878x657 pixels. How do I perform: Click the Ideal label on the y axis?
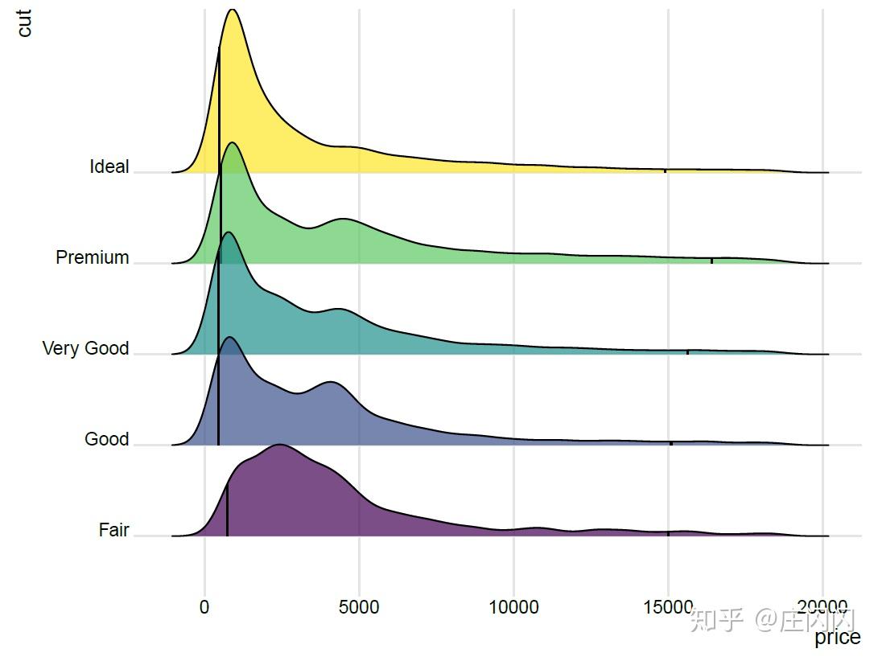point(109,166)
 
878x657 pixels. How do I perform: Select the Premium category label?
point(93,257)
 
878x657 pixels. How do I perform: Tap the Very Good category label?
point(85,348)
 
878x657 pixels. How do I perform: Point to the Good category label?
point(106,439)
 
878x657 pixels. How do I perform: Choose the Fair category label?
point(113,530)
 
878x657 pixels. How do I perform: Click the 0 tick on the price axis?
point(204,607)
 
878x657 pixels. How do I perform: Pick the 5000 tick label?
point(359,607)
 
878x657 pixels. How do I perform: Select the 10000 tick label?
point(513,607)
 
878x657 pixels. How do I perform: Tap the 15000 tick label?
point(668,607)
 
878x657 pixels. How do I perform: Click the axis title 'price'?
point(837,638)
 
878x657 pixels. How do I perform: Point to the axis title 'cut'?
point(24,23)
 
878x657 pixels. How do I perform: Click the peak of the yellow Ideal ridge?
point(233,10)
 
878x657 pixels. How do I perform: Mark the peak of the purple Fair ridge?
point(279,445)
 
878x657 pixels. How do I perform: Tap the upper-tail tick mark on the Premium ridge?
point(711,260)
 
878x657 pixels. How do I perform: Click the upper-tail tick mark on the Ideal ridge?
point(665,170)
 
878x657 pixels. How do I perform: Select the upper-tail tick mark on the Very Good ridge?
point(687,351)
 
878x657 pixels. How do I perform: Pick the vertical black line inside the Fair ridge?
point(227,510)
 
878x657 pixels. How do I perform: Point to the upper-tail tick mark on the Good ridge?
point(671,442)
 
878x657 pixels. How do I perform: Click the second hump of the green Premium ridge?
point(344,219)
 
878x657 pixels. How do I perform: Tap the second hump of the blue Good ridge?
point(332,383)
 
